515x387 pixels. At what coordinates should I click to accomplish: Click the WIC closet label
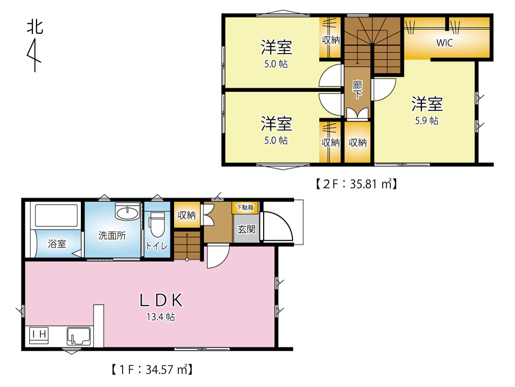(444, 43)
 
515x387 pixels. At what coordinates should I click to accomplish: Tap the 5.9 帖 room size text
(426, 121)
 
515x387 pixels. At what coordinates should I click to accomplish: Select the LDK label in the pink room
(161, 300)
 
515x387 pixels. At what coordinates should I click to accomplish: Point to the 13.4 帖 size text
(161, 317)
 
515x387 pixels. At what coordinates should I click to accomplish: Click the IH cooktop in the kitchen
(39, 335)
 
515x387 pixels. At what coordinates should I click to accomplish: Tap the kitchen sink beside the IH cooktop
(78, 336)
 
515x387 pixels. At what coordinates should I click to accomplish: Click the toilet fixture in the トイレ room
(157, 224)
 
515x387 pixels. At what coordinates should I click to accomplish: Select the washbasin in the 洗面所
(127, 211)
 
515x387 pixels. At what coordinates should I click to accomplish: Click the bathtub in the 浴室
(56, 215)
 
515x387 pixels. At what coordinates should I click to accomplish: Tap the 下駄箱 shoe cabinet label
(245, 207)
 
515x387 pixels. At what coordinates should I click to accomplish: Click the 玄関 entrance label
(246, 229)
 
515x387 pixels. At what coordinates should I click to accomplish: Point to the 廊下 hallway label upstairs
(357, 90)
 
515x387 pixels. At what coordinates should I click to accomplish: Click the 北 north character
(35, 27)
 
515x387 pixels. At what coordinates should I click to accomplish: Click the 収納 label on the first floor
(186, 215)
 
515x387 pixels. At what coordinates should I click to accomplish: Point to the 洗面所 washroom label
(112, 235)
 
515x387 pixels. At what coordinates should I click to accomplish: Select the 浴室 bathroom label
(57, 243)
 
